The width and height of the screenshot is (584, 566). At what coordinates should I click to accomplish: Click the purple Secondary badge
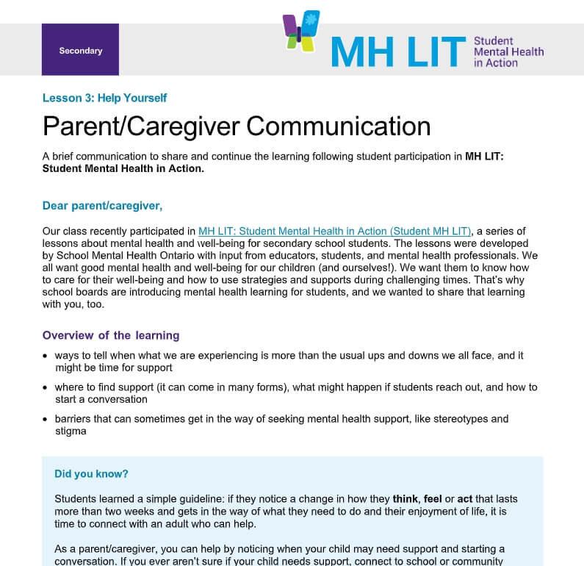coord(80,50)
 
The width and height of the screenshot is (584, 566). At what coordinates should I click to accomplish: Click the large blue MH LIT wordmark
coord(397,51)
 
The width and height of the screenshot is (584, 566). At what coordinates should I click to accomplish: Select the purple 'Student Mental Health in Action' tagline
coord(508,51)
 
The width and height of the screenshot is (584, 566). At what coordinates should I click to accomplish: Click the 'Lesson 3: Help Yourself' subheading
coord(104,98)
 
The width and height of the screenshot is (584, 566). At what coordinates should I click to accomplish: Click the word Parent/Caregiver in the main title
coord(141,126)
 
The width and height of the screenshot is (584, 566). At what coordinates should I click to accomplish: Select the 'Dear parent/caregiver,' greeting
coord(102,205)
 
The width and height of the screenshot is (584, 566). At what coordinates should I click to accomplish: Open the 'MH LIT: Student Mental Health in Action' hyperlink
coord(334,231)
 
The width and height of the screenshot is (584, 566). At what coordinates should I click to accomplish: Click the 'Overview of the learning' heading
coord(111,335)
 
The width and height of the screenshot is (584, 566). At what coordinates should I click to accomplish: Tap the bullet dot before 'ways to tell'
coord(46,357)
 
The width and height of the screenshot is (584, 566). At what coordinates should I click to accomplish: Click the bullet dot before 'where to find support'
coord(46,388)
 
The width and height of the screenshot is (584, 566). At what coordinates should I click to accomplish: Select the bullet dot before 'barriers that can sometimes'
coord(46,420)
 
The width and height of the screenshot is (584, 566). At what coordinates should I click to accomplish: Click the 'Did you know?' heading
coord(91,474)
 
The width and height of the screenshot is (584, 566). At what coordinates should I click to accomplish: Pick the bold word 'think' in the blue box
coord(406,498)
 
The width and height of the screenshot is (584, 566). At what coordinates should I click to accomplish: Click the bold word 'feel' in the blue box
coord(433,498)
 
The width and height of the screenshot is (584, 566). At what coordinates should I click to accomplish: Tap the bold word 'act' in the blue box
coord(465,498)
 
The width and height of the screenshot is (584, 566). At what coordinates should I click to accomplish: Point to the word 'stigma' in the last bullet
coord(71,431)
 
